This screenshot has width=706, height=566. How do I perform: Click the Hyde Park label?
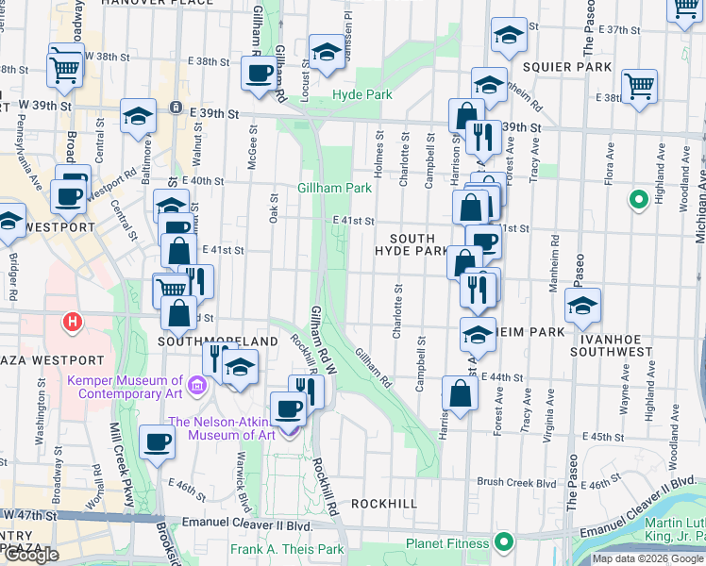tap(361, 95)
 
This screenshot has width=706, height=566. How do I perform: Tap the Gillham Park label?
tap(335, 188)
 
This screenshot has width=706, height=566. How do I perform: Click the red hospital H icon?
tap(72, 324)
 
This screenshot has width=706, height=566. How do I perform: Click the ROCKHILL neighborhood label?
tap(383, 504)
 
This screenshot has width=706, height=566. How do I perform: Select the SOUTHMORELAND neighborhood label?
tap(218, 341)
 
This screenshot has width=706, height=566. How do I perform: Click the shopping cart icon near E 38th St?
tap(639, 87)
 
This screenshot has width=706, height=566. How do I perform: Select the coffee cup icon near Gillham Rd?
tap(258, 74)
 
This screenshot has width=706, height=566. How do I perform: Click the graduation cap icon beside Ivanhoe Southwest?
tap(582, 306)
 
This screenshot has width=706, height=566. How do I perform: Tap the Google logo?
tap(30, 555)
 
